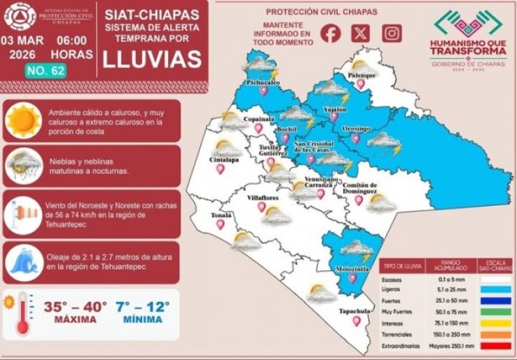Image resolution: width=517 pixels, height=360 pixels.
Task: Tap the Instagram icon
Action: pyautogui.click(x=392, y=33)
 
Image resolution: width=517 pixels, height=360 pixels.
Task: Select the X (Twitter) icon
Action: pyautogui.click(x=361, y=33)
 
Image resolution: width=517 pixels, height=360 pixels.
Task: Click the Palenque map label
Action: pyautogui.click(x=363, y=74)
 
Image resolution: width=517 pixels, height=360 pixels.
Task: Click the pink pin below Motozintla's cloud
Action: pyautogui.click(x=352, y=278)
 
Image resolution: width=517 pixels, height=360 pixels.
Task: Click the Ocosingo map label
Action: pyautogui.click(x=356, y=129)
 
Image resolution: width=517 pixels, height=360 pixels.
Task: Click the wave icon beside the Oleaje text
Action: pyautogui.click(x=24, y=261)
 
